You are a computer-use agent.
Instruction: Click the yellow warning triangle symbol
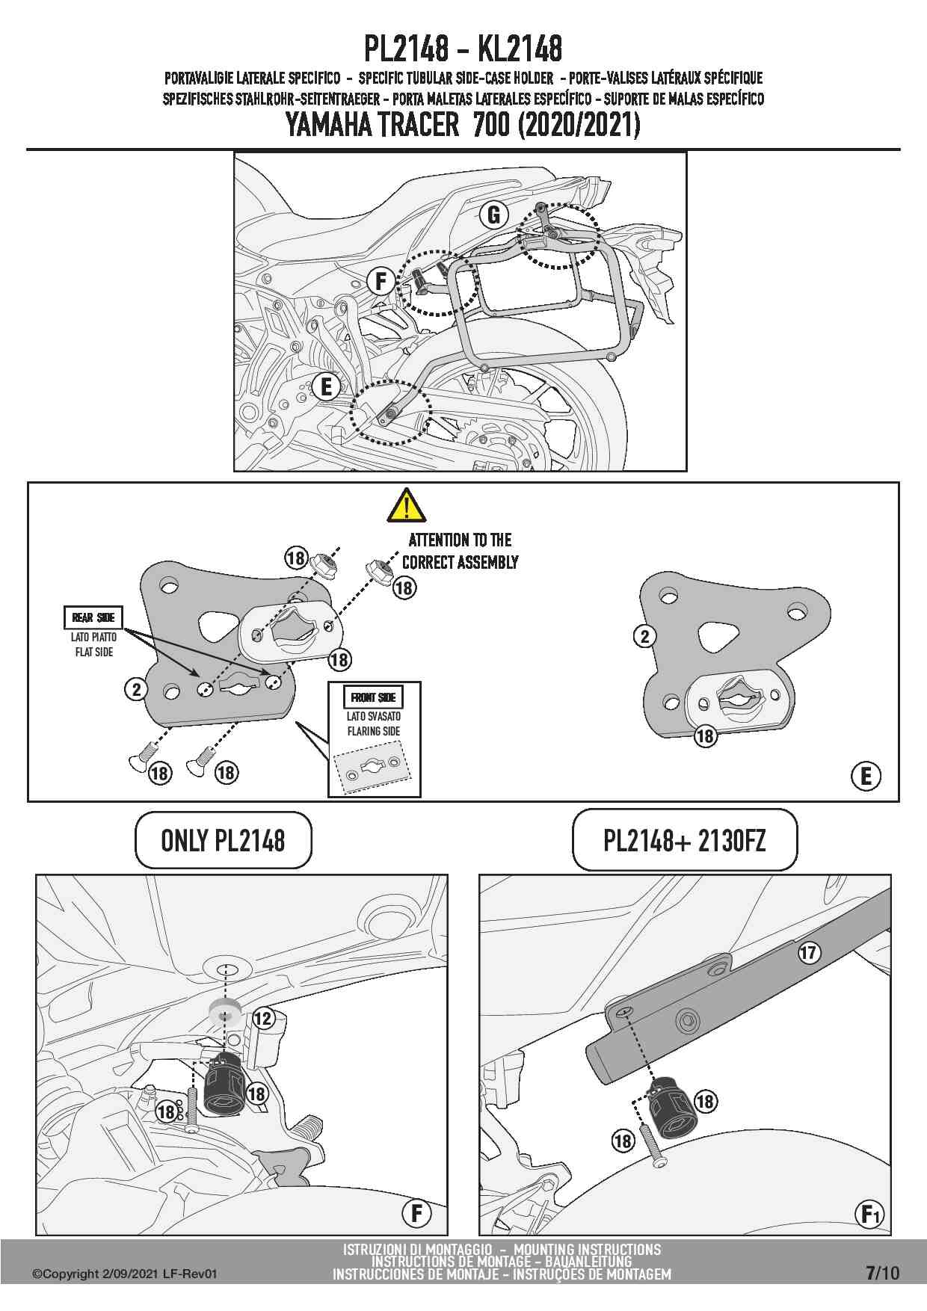[x=407, y=505]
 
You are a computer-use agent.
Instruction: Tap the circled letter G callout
[x=493, y=215]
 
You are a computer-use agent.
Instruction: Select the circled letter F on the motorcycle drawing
[x=381, y=282]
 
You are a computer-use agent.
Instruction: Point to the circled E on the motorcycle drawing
[x=326, y=386]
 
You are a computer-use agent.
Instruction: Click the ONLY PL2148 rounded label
[x=223, y=841]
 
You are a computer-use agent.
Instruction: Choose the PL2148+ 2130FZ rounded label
[x=684, y=841]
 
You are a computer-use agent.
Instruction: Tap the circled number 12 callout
[x=263, y=1018]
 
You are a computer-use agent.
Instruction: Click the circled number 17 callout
[x=809, y=952]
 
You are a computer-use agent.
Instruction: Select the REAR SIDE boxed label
[x=93, y=617]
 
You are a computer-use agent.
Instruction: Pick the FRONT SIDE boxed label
[x=374, y=697]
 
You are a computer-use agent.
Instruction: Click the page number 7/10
[x=882, y=1272]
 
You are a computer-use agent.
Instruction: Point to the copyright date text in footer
[x=124, y=1274]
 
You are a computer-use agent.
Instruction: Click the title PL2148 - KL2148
[x=463, y=49]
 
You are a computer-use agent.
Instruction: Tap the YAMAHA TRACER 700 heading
[x=463, y=125]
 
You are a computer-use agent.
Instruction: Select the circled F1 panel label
[x=869, y=1215]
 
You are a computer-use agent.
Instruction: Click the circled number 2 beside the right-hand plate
[x=644, y=636]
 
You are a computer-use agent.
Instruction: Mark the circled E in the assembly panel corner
[x=866, y=776]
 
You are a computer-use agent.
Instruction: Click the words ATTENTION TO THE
[x=460, y=540]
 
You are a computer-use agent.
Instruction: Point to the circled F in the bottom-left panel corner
[x=416, y=1213]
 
